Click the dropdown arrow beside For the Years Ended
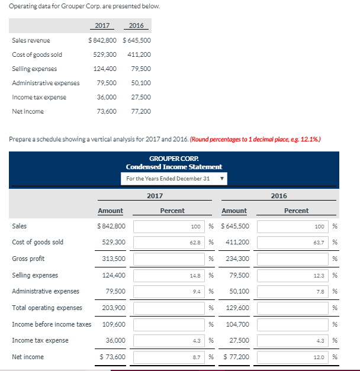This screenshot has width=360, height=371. coord(223,178)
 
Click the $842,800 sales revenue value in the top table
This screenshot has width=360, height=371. coord(102,40)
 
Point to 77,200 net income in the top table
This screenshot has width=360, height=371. coord(140,111)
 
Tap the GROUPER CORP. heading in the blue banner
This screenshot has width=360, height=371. coord(173,159)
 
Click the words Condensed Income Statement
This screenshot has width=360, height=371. coord(173,167)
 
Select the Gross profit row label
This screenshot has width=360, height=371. coord(28,259)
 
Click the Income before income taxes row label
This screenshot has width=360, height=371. coord(52,324)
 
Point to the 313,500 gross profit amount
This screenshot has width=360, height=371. coord(113,259)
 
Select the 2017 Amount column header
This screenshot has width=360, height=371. coord(111,211)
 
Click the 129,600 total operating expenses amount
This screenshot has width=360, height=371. coord(237,308)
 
